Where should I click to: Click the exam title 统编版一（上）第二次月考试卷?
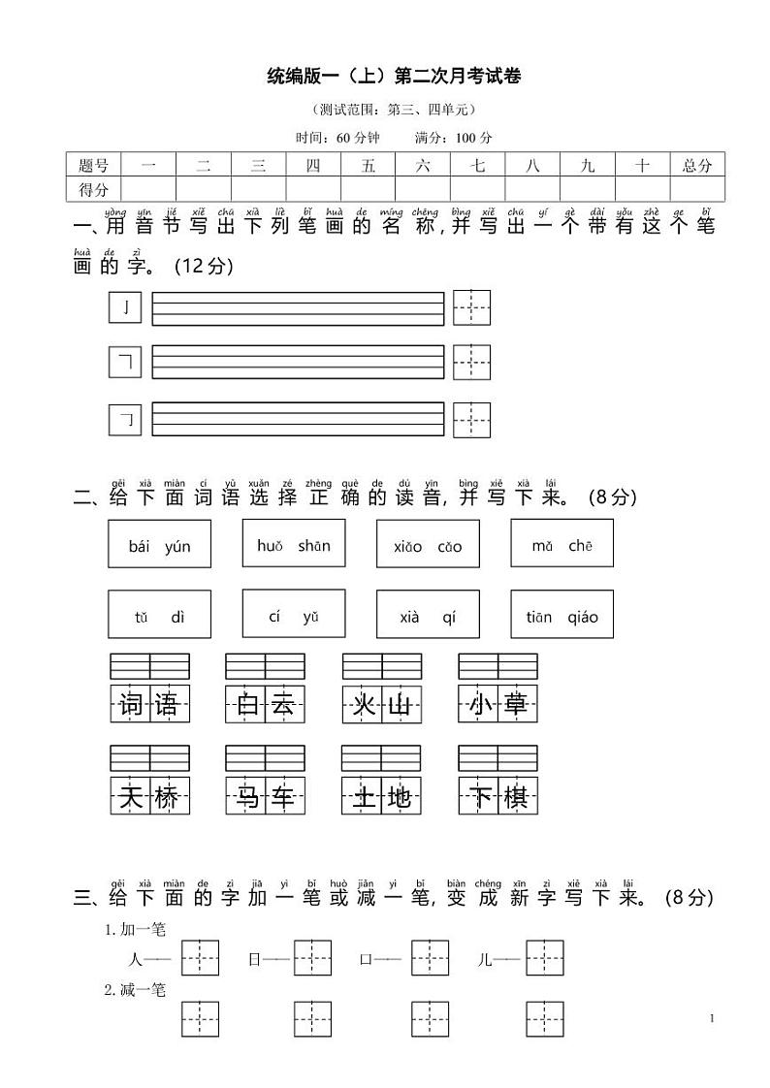click(x=393, y=78)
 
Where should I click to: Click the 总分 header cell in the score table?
click(x=697, y=165)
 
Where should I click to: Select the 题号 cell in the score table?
click(x=93, y=165)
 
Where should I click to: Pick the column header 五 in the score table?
click(x=368, y=165)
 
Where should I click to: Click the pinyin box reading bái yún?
click(x=159, y=545)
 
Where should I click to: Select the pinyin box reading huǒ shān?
click(x=294, y=545)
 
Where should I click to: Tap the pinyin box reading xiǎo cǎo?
click(x=428, y=545)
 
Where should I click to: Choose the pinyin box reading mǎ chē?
click(x=561, y=545)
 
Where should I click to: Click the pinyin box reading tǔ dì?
click(x=159, y=615)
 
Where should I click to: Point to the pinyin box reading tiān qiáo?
click(x=561, y=615)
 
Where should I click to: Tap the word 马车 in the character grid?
click(x=265, y=796)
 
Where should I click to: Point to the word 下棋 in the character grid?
click(x=497, y=796)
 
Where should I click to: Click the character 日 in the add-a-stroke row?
click(x=254, y=959)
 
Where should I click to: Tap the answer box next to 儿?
click(x=545, y=958)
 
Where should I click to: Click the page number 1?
click(x=712, y=1017)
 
